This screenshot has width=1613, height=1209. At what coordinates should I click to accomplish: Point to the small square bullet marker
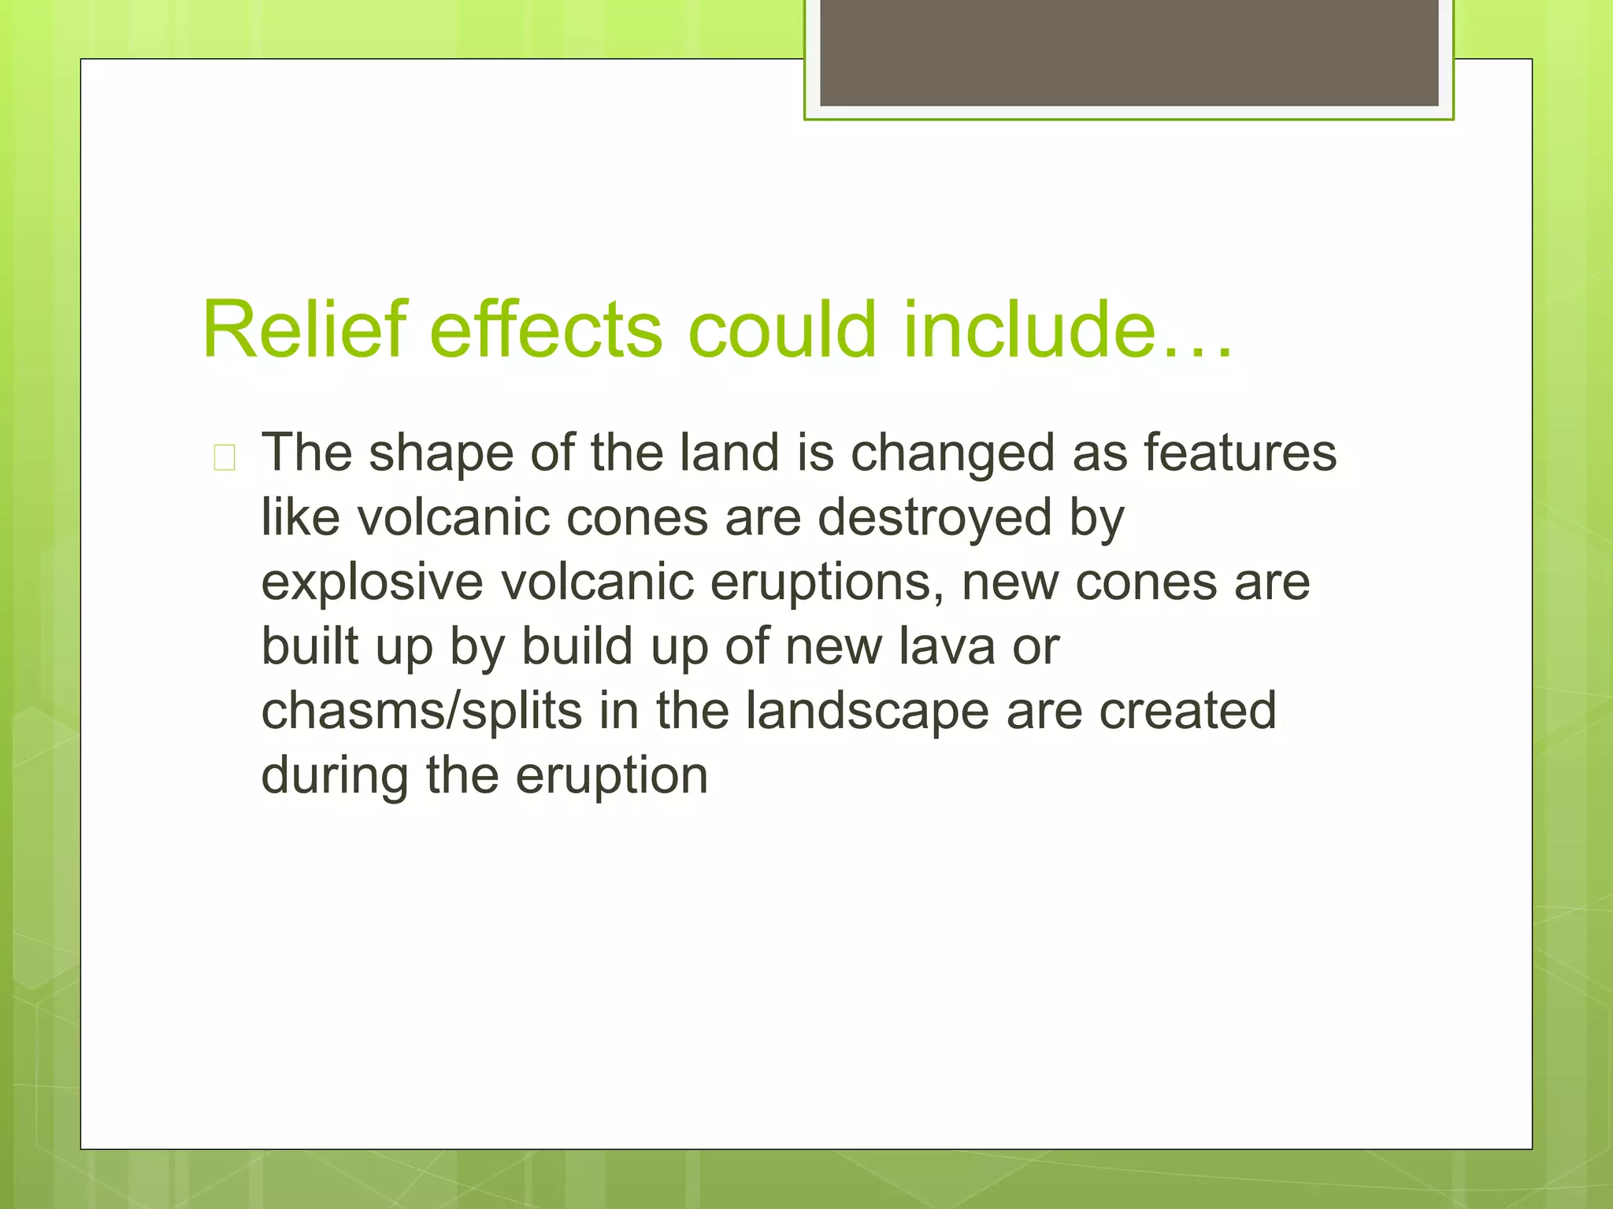pyautogui.click(x=224, y=457)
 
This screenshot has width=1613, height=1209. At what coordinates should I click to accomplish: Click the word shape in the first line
pyautogui.click(x=441, y=455)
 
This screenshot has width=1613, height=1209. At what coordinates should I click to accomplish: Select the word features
pyautogui.click(x=1240, y=453)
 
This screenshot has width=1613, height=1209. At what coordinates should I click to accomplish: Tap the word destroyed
pyautogui.click(x=934, y=518)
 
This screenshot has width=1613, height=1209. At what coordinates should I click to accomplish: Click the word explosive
pyautogui.click(x=372, y=583)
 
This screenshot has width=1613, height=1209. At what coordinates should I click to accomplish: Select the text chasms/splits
pyautogui.click(x=421, y=712)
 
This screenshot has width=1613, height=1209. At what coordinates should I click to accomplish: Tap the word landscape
pyautogui.click(x=867, y=712)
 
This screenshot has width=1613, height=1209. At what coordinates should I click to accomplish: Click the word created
pyautogui.click(x=1187, y=711)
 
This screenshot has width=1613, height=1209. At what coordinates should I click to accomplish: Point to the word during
pyautogui.click(x=335, y=776)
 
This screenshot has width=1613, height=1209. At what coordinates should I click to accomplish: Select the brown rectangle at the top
pyautogui.click(x=1129, y=52)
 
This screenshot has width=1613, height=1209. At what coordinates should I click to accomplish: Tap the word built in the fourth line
pyautogui.click(x=310, y=647)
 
